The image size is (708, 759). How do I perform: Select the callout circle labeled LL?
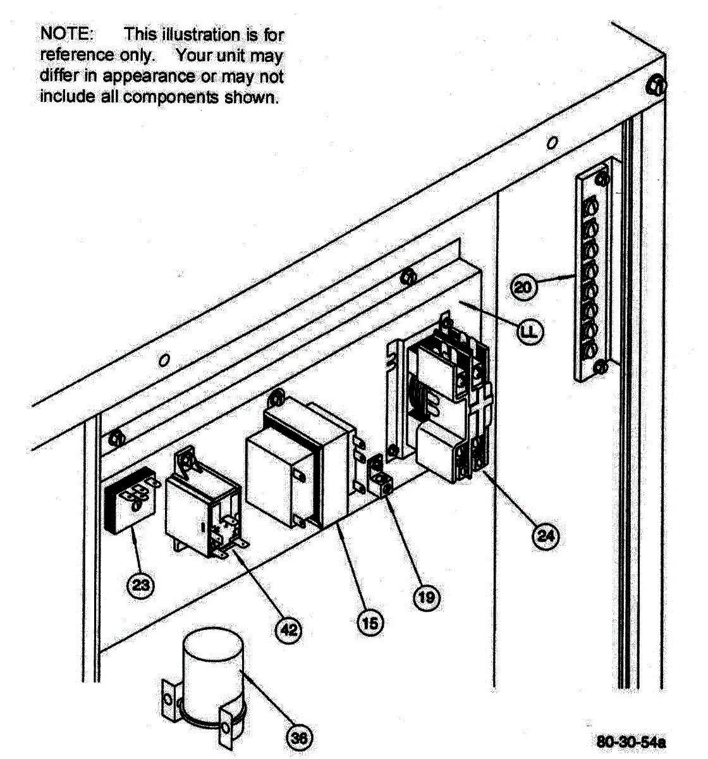[x=530, y=331]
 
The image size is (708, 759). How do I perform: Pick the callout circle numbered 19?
[x=427, y=596]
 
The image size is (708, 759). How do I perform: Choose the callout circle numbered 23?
[x=140, y=585]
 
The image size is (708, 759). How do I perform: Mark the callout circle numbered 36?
[x=299, y=737]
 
